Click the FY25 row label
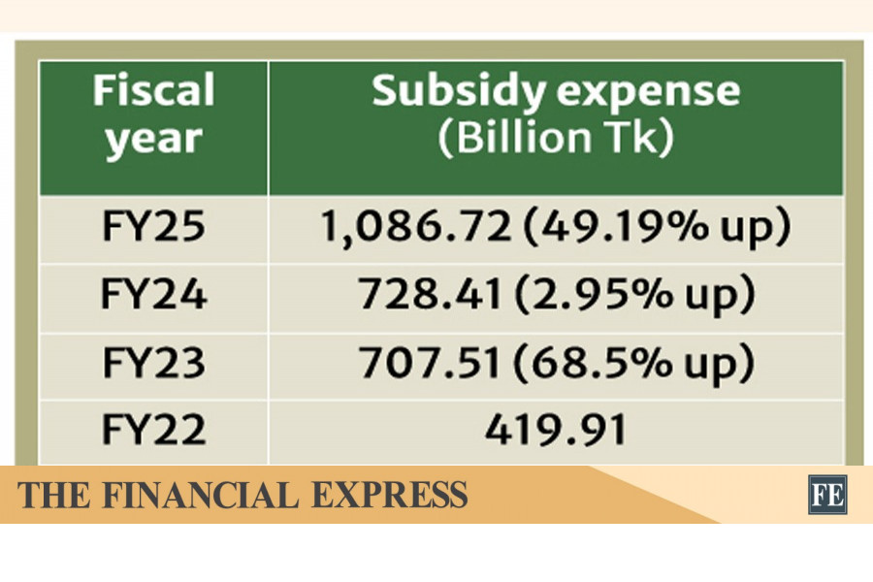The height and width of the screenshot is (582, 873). tap(153, 228)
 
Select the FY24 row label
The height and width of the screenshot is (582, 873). tap(153, 295)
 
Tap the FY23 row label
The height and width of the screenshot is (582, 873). tap(153, 363)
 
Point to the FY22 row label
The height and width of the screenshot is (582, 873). tap(153, 431)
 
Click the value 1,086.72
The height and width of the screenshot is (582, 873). tap(415, 228)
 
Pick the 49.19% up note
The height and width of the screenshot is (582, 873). tap(655, 228)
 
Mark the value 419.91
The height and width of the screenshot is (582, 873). tap(555, 431)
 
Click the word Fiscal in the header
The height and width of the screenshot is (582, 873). tap(153, 92)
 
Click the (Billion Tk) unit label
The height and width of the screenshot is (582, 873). tap(555, 139)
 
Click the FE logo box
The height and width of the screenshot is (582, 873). tap(827, 495)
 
